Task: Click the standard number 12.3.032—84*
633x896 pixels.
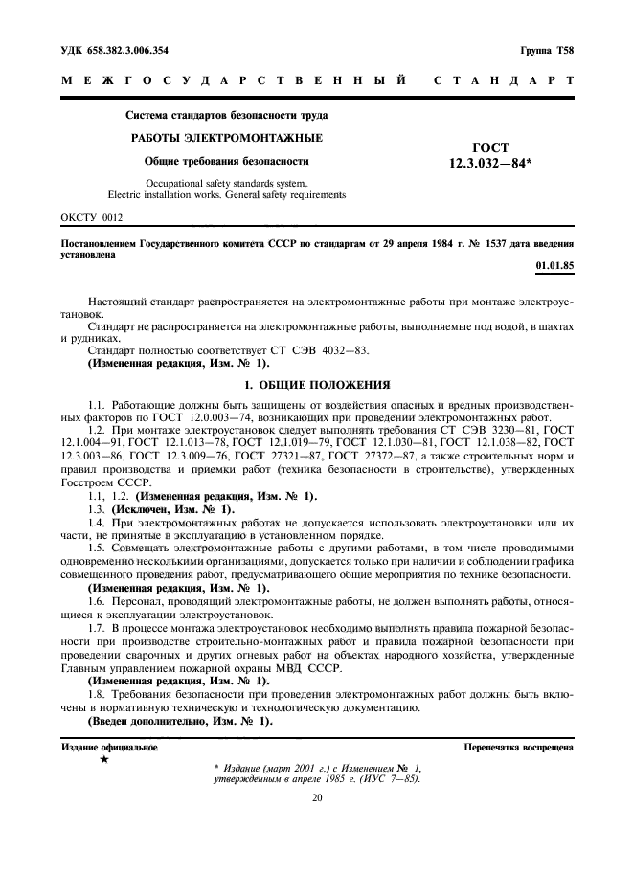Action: point(490,164)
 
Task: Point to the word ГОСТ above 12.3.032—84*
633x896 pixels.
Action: point(490,148)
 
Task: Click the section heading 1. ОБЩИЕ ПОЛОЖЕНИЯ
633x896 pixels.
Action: point(316,385)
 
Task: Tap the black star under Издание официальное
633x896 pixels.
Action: point(103,759)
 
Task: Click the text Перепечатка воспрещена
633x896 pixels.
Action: point(518,746)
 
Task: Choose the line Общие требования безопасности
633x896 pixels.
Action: point(226,161)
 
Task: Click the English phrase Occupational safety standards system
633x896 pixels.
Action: point(226,182)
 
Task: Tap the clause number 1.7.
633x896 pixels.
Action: point(97,625)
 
